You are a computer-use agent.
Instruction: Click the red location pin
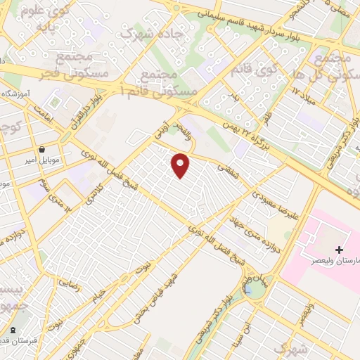[x=181, y=166]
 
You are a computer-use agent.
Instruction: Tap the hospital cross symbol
[x=339, y=250]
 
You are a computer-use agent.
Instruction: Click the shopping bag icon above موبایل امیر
[x=43, y=149]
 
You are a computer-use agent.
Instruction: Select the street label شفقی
[x=226, y=169]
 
